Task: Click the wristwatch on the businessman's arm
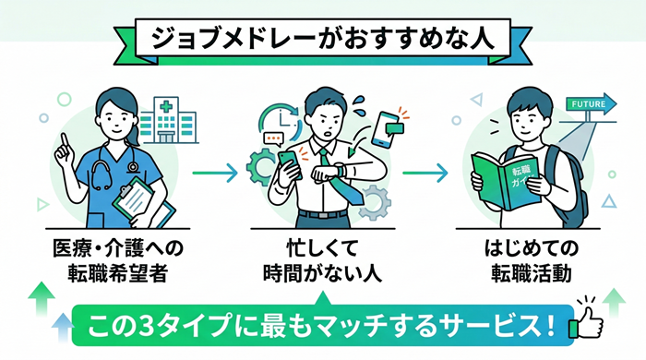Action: pyautogui.click(x=339, y=170)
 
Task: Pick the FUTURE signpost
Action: pyautogui.click(x=587, y=104)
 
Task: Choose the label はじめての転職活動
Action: pyautogui.click(x=527, y=260)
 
